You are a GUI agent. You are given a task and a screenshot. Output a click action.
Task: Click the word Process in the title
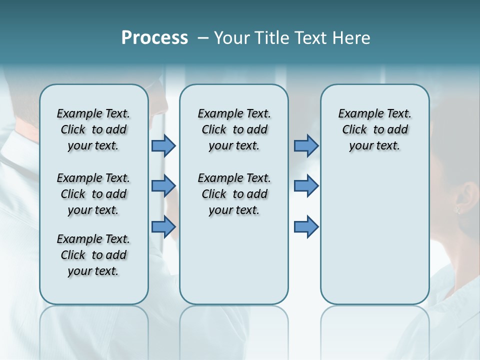pyautogui.click(x=154, y=38)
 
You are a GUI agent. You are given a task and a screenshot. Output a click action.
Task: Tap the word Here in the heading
pyautogui.click(x=351, y=38)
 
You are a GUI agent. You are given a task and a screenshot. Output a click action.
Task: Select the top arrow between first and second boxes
pyautogui.click(x=163, y=145)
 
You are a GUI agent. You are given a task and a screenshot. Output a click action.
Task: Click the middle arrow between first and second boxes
pyautogui.click(x=163, y=186)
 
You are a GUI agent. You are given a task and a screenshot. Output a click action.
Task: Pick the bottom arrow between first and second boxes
pyautogui.click(x=163, y=226)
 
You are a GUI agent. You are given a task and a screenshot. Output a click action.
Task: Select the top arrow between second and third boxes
pyautogui.click(x=306, y=145)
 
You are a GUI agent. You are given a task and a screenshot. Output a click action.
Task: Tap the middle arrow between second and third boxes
pyautogui.click(x=306, y=186)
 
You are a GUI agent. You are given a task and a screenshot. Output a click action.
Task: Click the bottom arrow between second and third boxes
pyautogui.click(x=306, y=226)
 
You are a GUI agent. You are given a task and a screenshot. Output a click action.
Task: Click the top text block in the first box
pyautogui.click(x=93, y=129)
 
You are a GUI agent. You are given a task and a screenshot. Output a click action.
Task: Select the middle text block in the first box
pyautogui.click(x=93, y=194)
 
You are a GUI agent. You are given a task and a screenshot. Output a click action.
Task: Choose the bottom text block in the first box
pyautogui.click(x=93, y=255)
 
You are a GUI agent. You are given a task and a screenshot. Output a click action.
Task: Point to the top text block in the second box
pyautogui.click(x=234, y=129)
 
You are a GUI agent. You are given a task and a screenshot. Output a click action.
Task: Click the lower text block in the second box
pyautogui.click(x=234, y=194)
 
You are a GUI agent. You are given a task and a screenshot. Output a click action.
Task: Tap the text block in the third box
pyautogui.click(x=375, y=129)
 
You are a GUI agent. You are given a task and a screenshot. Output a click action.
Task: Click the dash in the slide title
pyautogui.click(x=203, y=38)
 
